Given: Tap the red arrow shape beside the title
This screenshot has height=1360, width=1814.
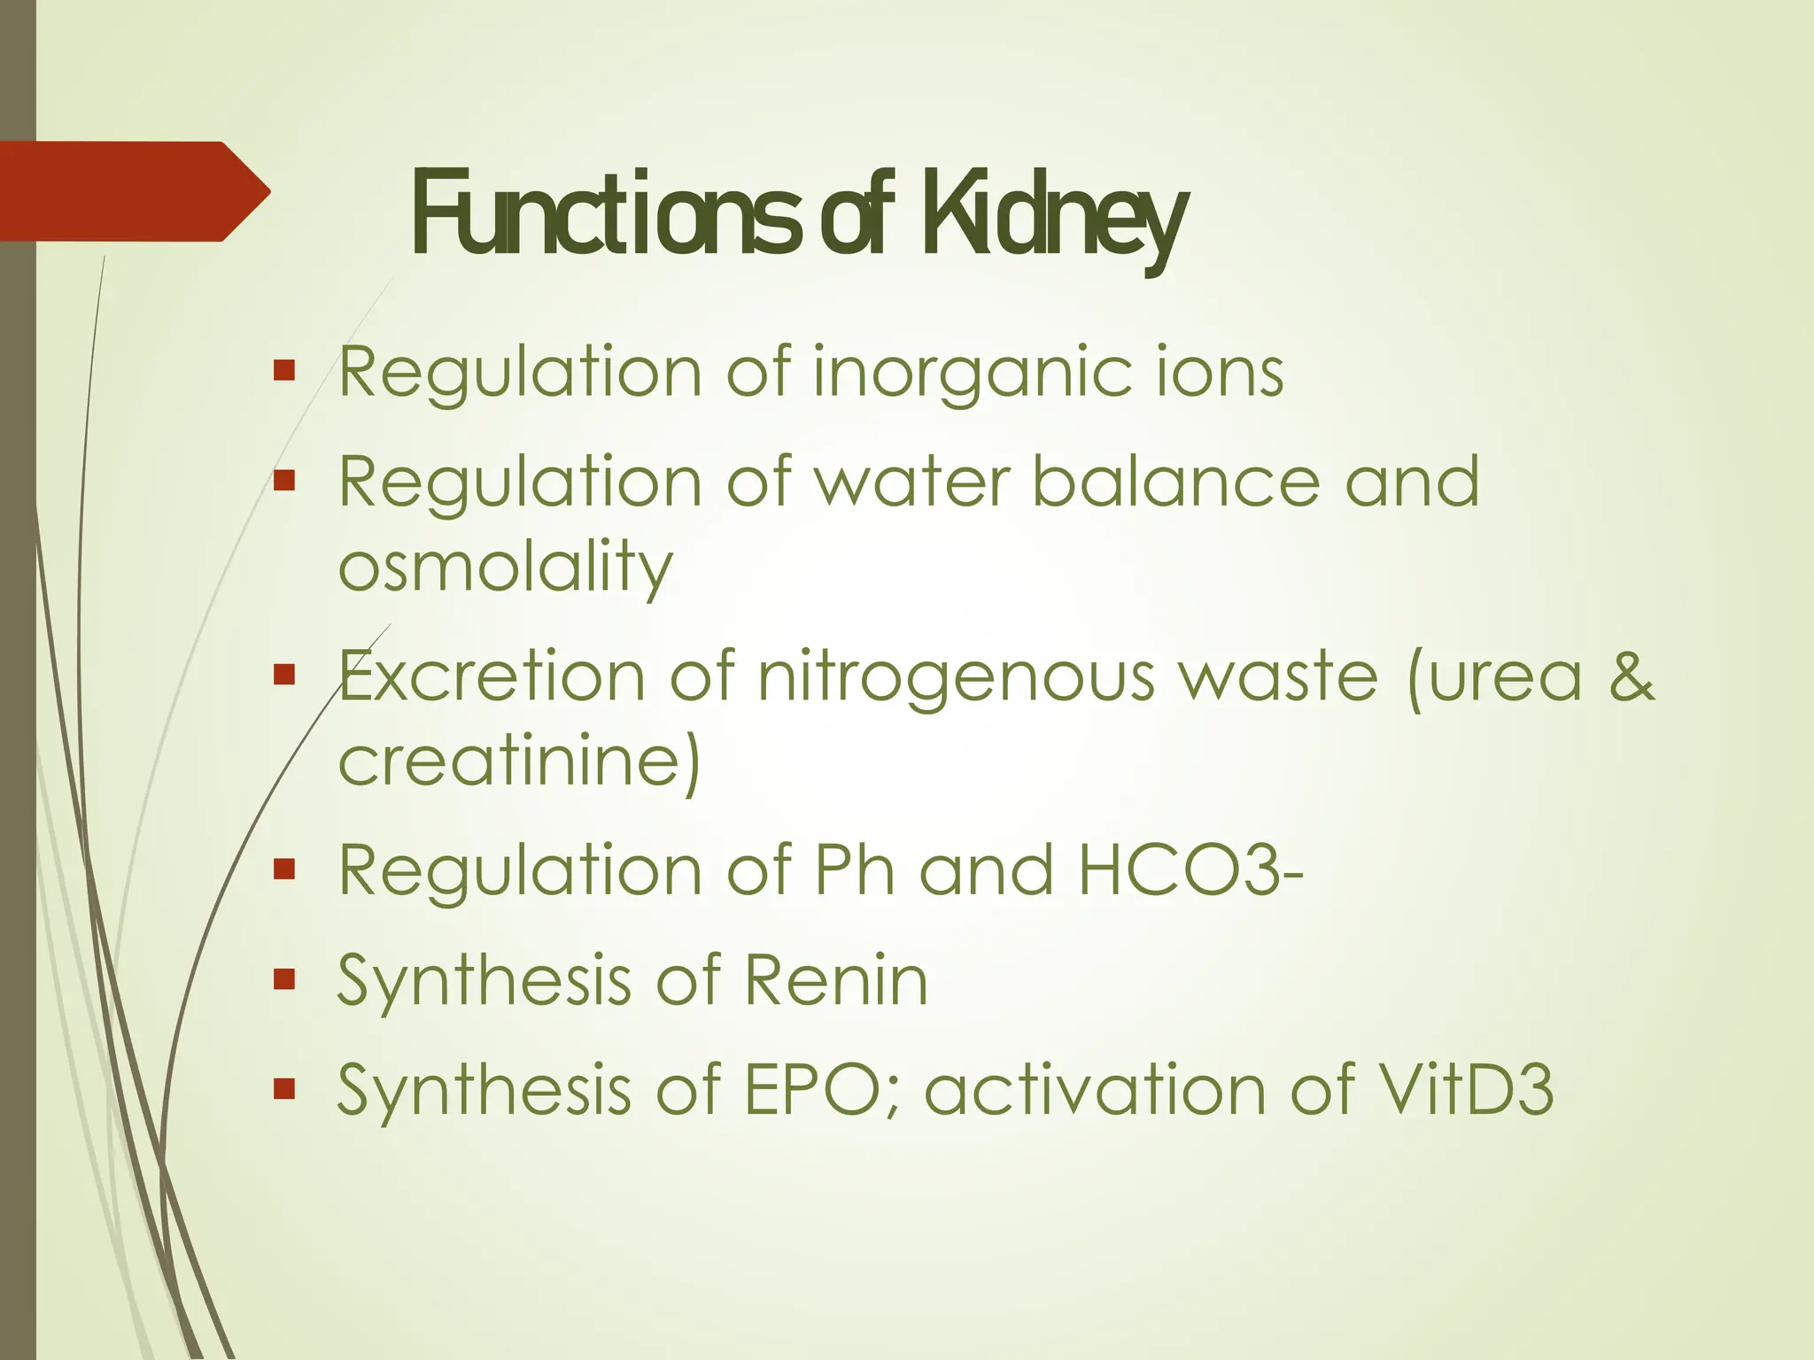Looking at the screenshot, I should [133, 191].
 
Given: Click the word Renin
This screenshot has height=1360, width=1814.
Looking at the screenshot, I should [836, 980].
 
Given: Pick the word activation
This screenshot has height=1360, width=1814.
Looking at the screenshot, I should [1095, 1089].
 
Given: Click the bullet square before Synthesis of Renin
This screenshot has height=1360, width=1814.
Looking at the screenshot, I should [283, 978].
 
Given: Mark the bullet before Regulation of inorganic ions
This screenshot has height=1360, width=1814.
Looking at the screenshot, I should [283, 370].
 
